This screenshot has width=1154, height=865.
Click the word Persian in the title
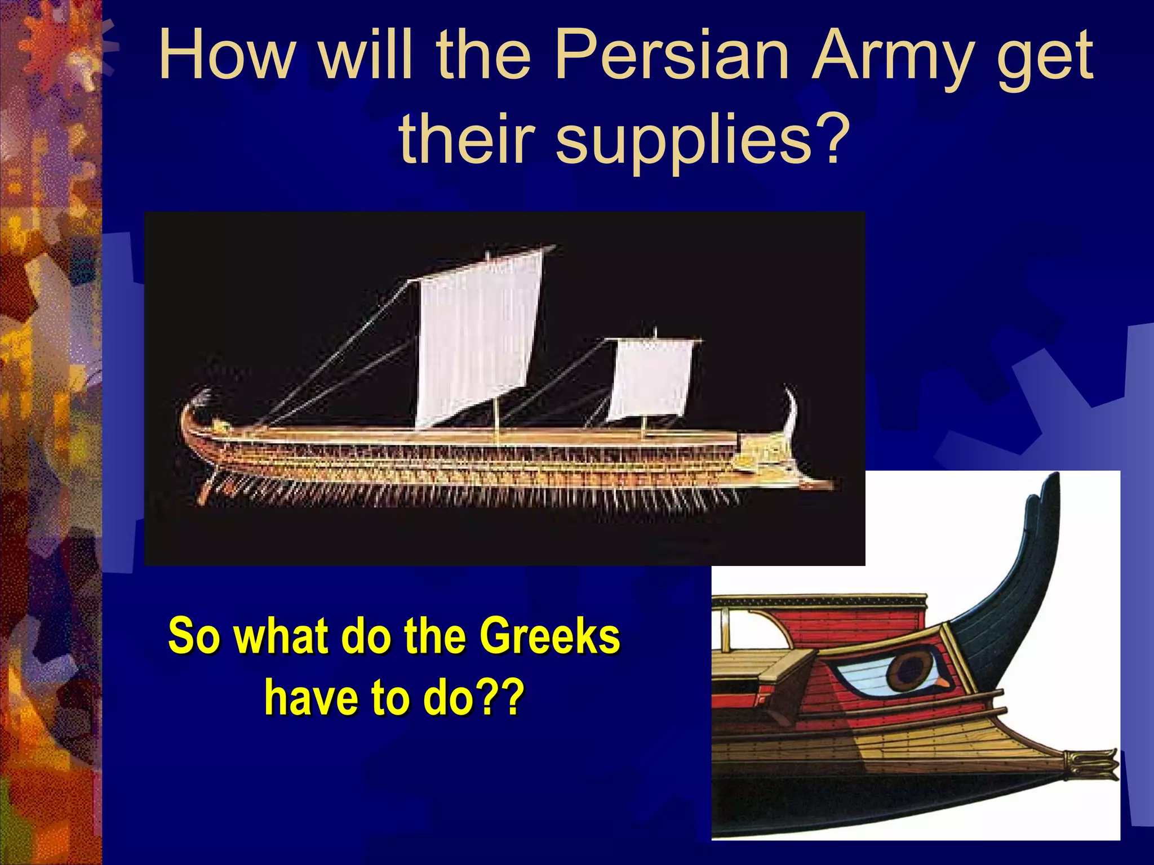[671, 56]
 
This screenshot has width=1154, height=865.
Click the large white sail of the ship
[479, 338]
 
